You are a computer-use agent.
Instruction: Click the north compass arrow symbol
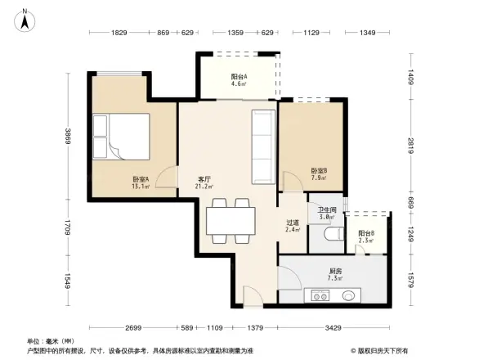[25, 19]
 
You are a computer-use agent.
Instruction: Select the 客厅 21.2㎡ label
[204, 182]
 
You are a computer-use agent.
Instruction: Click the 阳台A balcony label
[239, 79]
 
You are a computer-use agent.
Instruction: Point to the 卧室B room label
[319, 174]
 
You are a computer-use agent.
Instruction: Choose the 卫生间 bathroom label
[327, 214]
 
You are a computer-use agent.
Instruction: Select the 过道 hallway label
[293, 226]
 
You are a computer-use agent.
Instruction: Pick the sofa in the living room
[263, 146]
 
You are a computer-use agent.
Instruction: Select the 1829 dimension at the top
[119, 33]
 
